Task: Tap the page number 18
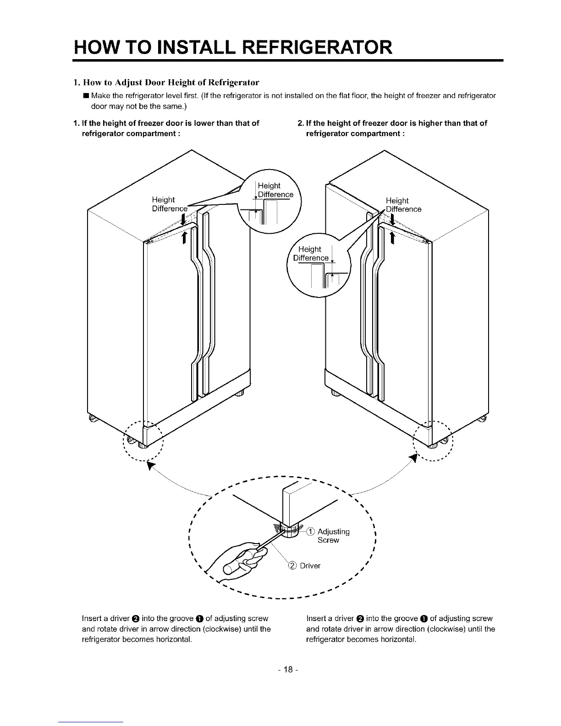click(288, 670)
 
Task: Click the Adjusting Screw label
click(333, 536)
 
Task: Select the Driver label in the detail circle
click(310, 566)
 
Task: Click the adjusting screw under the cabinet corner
click(290, 531)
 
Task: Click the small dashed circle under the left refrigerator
click(143, 440)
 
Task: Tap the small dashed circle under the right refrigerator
click(433, 440)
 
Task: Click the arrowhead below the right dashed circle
click(414, 459)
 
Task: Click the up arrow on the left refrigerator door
click(184, 237)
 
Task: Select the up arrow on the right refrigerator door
click(392, 237)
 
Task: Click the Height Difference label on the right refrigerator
click(402, 205)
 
